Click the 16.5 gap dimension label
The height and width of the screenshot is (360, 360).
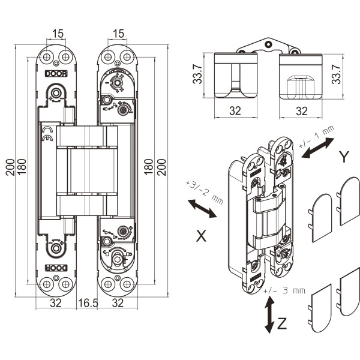(x=88, y=303)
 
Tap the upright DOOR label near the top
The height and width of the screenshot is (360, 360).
(x=56, y=74)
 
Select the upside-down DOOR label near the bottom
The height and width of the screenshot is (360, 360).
(x=56, y=268)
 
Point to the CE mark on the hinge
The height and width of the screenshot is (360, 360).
(x=47, y=134)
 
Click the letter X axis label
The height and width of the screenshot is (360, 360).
(x=202, y=236)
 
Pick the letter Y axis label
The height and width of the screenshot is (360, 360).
(x=344, y=157)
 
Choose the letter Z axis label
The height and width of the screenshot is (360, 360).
(x=282, y=323)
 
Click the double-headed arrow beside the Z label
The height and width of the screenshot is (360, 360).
(x=269, y=315)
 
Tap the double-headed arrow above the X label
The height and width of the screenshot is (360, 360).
(x=202, y=208)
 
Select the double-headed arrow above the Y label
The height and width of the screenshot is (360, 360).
(x=318, y=148)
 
